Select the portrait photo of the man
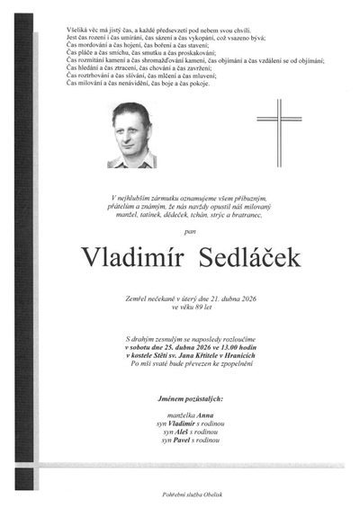(x=131, y=135)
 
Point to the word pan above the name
(x=186, y=231)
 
